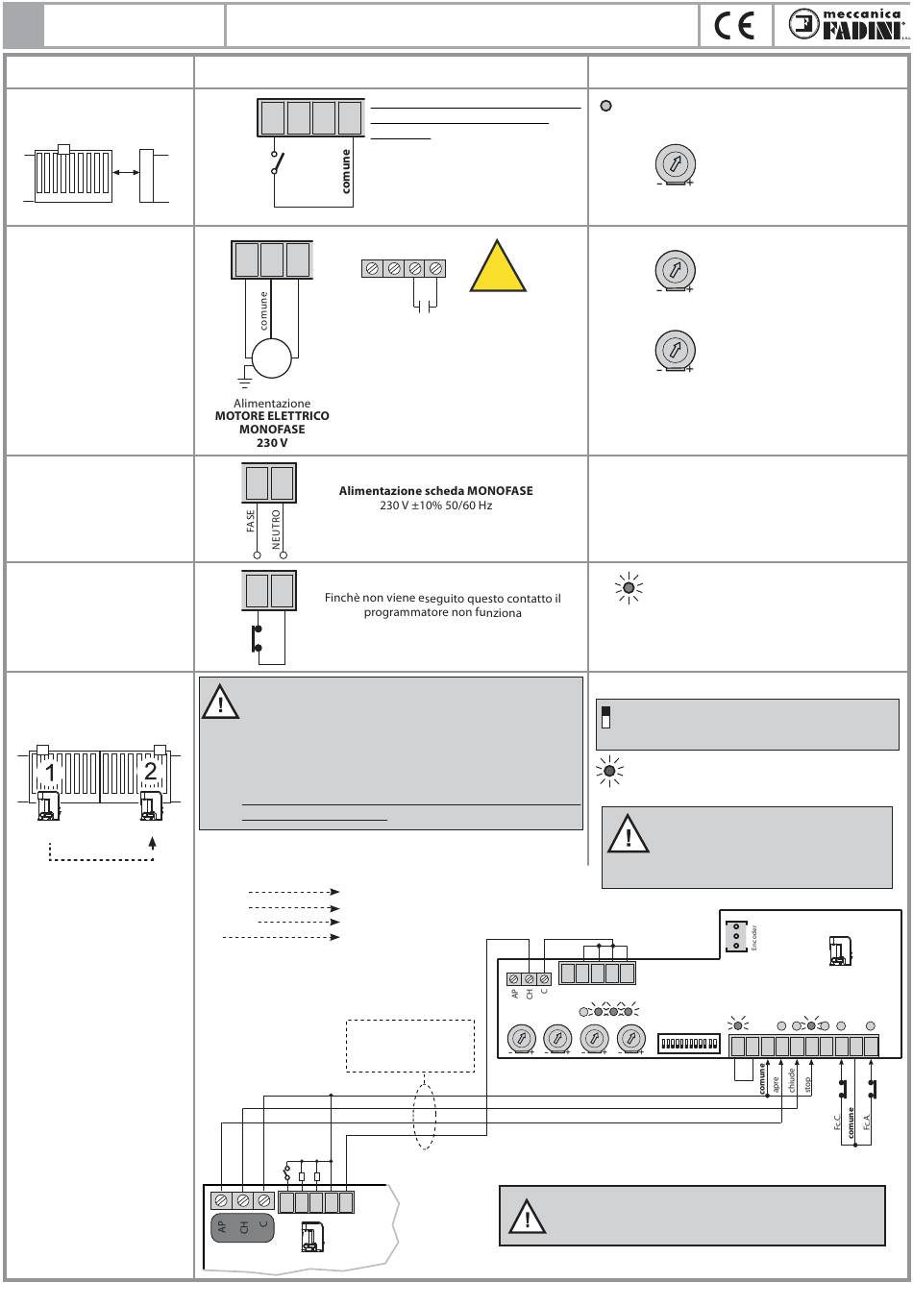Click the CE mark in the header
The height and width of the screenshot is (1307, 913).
(735, 25)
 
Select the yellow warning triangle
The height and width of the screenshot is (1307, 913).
(498, 267)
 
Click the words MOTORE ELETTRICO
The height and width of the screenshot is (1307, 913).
(272, 416)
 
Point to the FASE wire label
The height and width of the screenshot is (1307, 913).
(252, 521)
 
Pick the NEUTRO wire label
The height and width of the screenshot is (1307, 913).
(277, 529)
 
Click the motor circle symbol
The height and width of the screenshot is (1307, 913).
(271, 359)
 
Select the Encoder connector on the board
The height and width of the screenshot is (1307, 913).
(737, 936)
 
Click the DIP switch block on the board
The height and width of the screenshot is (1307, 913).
(689, 1043)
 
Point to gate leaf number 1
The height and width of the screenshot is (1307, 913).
(49, 771)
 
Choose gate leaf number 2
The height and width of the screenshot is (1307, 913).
(150, 771)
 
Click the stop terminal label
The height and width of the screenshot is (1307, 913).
(808, 1085)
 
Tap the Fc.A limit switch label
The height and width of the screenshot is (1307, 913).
(867, 1122)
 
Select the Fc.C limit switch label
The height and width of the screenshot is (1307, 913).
(837, 1122)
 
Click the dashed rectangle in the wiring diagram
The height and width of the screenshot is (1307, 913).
(410, 1046)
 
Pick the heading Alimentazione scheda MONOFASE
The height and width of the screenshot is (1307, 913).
(435, 491)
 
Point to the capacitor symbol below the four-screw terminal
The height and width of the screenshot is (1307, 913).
(425, 306)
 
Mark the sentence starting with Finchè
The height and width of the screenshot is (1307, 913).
(442, 605)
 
